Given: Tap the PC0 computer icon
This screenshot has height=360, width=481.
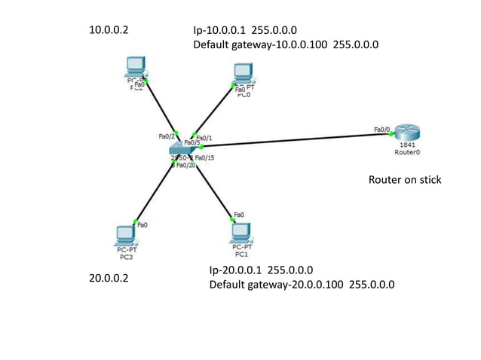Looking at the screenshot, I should point(242,72).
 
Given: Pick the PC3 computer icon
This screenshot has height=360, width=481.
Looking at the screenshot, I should point(126,235).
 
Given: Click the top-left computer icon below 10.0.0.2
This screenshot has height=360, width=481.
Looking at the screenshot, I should point(136,68).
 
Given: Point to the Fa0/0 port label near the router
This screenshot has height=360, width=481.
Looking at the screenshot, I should point(382,130).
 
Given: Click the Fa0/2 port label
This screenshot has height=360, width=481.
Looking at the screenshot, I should point(167,136).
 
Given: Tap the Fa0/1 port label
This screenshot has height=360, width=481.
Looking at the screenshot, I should point(204,138).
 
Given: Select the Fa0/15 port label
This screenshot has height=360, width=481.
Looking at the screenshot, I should point(204,157).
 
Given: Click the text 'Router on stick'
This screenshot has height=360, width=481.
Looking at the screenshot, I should point(404,180).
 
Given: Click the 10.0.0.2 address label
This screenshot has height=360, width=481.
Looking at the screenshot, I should point(109,31).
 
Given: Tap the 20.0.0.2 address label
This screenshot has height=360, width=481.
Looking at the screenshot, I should point(109,278).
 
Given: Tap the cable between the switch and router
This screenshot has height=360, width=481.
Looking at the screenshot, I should point(294,141).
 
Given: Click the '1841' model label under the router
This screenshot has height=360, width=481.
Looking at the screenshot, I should point(406,144).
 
